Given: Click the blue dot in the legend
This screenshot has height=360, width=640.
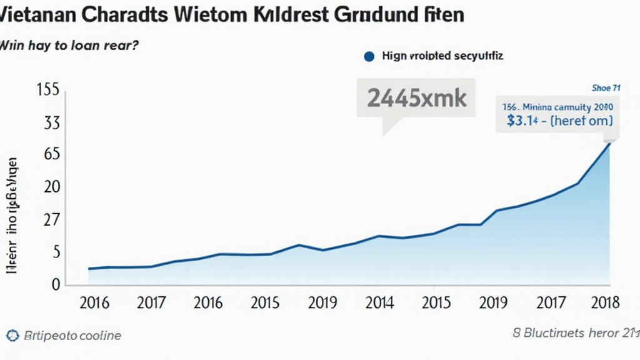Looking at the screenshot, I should click(x=368, y=56).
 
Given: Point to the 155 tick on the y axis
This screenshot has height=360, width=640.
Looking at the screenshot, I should click(x=48, y=90).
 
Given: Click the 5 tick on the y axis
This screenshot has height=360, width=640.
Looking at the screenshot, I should click(x=56, y=252).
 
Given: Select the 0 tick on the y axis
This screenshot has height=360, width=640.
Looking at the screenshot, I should click(x=56, y=284).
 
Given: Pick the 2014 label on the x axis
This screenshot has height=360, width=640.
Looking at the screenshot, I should click(x=379, y=303).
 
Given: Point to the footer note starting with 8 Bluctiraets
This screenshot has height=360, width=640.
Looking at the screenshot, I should click(x=571, y=334).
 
